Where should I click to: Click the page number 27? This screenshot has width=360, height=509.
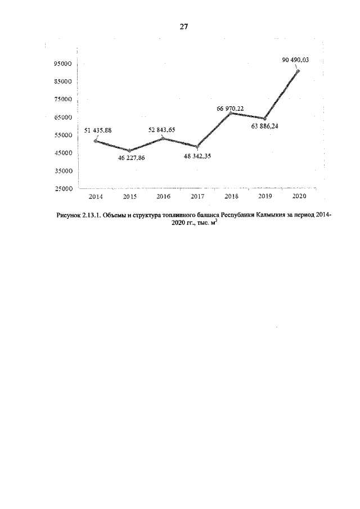pos(183,26)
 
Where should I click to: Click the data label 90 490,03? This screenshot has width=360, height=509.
pos(300,59)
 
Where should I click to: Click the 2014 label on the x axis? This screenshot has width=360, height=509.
pos(96,197)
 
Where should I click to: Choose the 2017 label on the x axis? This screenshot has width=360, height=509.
pos(197,197)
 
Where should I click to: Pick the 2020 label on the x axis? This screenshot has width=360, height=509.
pos(298,197)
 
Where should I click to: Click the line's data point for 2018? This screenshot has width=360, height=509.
pos(231,113)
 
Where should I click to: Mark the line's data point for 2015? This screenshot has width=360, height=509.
pos(129,151)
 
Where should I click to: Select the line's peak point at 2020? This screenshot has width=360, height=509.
pos(298,71)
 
